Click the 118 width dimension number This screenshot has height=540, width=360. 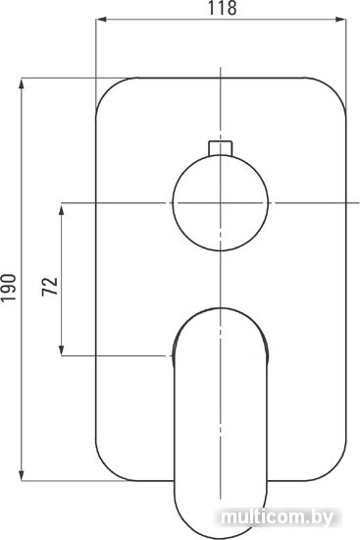tap(222, 8)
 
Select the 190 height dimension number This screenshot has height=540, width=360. tap(9, 288)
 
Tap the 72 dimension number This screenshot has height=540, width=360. tap(50, 286)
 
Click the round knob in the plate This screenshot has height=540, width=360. tap(221, 203)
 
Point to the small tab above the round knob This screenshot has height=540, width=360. tap(221, 148)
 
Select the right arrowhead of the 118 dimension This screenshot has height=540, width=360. tap(340, 20)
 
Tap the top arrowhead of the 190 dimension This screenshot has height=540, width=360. tap(22, 83)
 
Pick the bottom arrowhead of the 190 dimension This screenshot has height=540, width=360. tap(22, 475)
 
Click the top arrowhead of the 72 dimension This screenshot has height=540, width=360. tap(62, 209)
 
